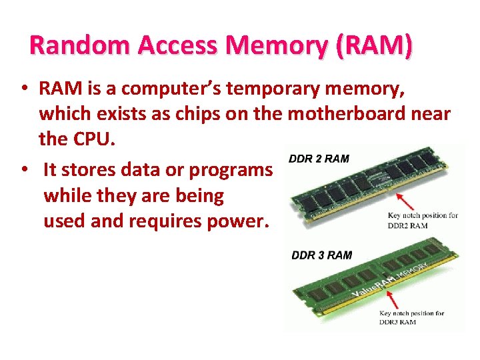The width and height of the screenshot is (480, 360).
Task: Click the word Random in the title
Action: click(x=69, y=45)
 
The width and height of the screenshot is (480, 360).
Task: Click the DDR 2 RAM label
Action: click(x=319, y=159)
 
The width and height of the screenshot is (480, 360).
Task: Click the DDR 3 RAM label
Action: click(x=322, y=255)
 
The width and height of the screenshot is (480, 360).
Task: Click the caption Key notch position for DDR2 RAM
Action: click(x=423, y=220)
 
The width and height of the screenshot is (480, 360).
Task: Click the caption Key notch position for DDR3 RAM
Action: click(x=411, y=317)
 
